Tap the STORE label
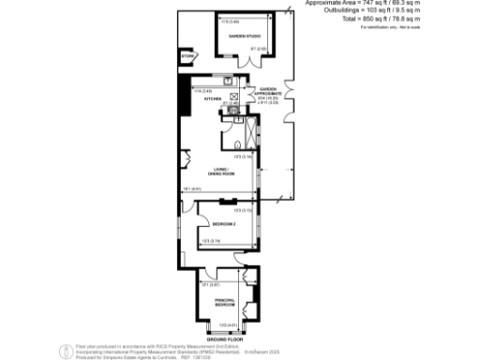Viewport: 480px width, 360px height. tap(187, 58)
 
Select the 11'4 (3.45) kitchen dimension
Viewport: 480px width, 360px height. tap(201, 90)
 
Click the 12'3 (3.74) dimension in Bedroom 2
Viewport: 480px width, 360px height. tap(210, 242)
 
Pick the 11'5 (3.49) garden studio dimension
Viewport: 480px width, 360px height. tap(230, 20)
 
